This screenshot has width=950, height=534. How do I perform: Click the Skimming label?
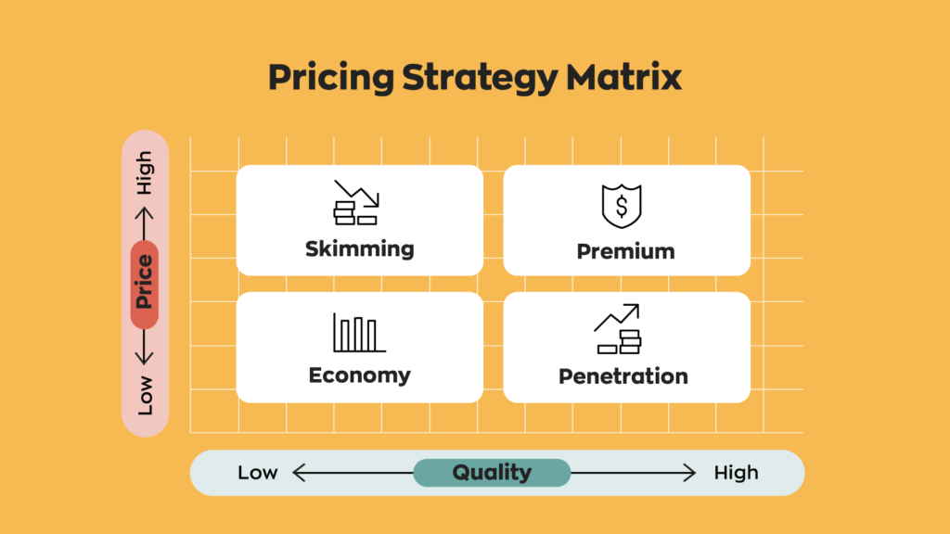(359, 248)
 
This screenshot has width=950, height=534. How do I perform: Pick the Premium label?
(625, 251)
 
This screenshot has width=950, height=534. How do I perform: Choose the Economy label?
(359, 375)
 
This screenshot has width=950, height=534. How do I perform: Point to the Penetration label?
(623, 376)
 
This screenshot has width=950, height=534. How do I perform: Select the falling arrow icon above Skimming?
(355, 202)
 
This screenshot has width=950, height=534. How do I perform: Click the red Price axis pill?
(145, 285)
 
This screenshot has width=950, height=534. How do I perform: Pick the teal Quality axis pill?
(492, 473)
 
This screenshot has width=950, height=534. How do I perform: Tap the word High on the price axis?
(145, 173)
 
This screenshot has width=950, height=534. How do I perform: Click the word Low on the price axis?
(146, 397)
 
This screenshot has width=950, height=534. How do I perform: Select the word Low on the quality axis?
(257, 473)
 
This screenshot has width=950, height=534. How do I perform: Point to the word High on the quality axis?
(736, 473)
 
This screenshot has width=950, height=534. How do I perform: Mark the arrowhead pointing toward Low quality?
(298, 473)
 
